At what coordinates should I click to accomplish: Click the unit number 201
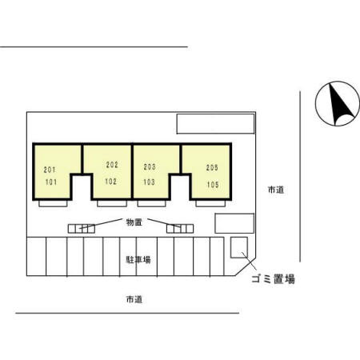(50, 170)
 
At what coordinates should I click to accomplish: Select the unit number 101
(51, 182)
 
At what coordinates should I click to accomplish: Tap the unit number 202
(112, 165)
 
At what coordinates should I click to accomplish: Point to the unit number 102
(110, 182)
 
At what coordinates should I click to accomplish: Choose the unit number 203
(150, 167)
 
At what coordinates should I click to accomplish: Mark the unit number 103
(149, 182)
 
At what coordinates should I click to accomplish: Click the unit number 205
(212, 168)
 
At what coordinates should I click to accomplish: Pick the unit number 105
(213, 185)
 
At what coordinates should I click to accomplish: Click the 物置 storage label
(134, 222)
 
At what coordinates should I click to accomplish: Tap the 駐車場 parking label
(138, 259)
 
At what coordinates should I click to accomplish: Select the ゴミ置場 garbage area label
(273, 279)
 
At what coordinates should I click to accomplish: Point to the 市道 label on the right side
(276, 190)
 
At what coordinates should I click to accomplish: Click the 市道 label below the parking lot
(134, 299)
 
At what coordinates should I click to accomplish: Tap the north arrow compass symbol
(338, 103)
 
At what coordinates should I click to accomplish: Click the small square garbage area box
(239, 247)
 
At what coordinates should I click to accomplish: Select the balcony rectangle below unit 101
(53, 203)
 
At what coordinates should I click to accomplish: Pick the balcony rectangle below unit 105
(210, 203)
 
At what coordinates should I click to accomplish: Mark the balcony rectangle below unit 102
(112, 203)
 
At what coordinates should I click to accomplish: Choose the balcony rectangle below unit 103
(152, 203)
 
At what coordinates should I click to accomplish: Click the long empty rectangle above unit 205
(215, 124)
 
